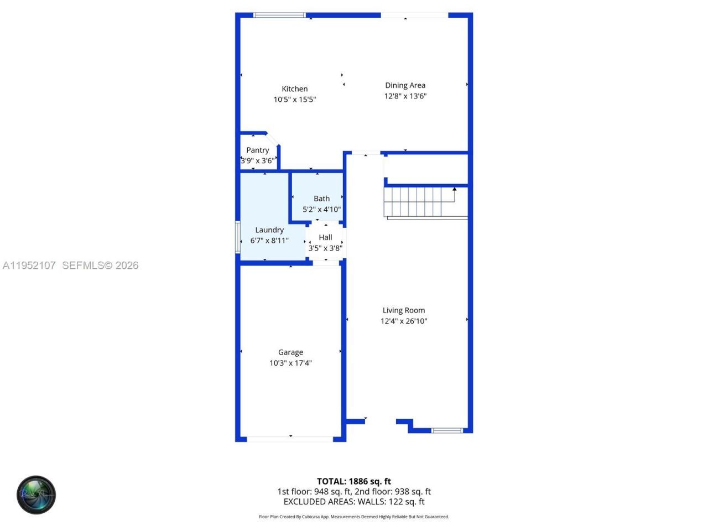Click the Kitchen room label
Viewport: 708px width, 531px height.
coord(295,88)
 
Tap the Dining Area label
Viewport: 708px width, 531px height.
coord(405,85)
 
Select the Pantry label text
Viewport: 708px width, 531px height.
coord(258,150)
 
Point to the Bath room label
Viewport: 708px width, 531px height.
coord(321,199)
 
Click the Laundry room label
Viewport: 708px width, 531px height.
coord(269,230)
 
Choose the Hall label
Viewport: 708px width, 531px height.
coord(325,237)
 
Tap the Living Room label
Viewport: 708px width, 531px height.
coord(404,310)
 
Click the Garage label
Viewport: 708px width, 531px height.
coord(290,352)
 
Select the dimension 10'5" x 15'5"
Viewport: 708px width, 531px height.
coord(295,100)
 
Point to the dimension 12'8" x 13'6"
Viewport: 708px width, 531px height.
coord(405,96)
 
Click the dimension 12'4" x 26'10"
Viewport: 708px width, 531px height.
coord(404,321)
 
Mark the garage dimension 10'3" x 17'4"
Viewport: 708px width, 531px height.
coord(290,363)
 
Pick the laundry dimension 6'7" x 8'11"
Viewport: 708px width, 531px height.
coord(269,241)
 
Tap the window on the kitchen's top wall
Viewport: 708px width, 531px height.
coord(279,15)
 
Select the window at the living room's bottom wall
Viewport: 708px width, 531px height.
coord(447,430)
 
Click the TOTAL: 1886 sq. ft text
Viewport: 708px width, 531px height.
coord(354,481)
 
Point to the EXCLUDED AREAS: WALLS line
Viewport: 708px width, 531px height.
coord(354,502)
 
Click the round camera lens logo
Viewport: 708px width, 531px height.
coord(36,494)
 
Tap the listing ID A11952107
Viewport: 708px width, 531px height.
coord(29,265)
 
